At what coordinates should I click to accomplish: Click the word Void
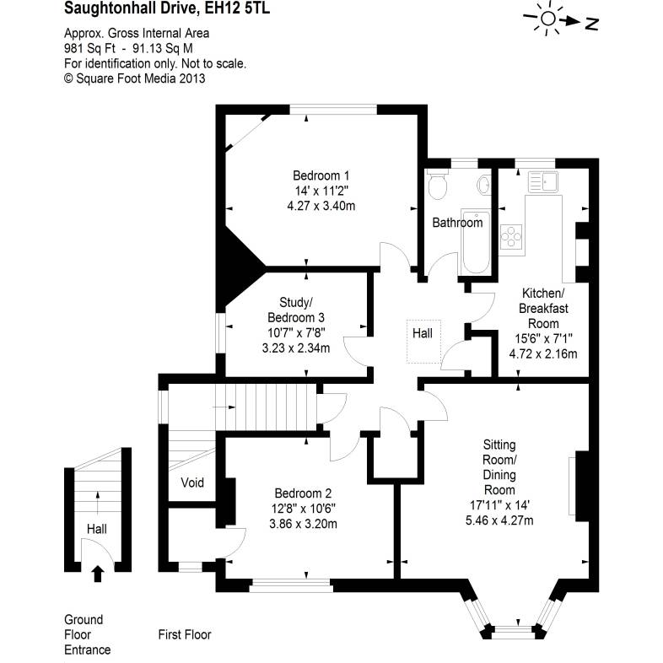[x=193, y=483]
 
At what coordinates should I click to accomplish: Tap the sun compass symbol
[x=547, y=19]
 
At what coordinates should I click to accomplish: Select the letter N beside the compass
[x=590, y=23]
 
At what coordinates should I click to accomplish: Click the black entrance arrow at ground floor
[x=98, y=573]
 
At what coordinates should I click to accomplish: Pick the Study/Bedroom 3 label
[x=296, y=310]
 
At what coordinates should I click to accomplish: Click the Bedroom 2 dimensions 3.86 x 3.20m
[x=303, y=524]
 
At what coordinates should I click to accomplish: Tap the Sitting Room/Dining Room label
[x=499, y=466]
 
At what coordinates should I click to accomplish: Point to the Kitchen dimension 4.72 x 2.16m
[x=542, y=353]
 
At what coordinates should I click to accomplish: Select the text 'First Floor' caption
[x=185, y=634]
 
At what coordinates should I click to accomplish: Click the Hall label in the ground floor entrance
[x=96, y=529]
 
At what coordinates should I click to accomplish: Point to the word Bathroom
[x=457, y=223]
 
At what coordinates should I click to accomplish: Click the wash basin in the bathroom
[x=483, y=184]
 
